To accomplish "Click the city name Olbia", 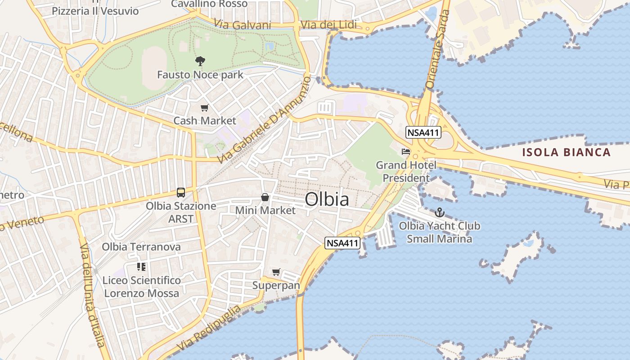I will pyautogui.click(x=327, y=199).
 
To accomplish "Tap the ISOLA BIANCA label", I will pyautogui.click(x=566, y=152).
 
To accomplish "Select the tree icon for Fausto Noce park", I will pyautogui.click(x=200, y=61).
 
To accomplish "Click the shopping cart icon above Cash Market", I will pyautogui.click(x=205, y=108).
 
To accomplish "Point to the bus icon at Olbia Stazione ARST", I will pyautogui.click(x=181, y=193).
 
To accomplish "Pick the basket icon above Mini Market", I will pyautogui.click(x=265, y=197).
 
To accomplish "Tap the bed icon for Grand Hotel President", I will pyautogui.click(x=406, y=152).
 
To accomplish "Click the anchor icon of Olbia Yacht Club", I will pyautogui.click(x=439, y=212).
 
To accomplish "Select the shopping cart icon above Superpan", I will pyautogui.click(x=276, y=272).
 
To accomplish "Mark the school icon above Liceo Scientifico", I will pyautogui.click(x=141, y=267).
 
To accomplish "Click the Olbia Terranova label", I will pyautogui.click(x=141, y=247).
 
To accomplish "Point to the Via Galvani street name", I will pyautogui.click(x=243, y=25).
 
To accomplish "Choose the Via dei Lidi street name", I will pyautogui.click(x=328, y=25).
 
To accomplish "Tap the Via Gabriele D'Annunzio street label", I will pyautogui.click(x=264, y=120).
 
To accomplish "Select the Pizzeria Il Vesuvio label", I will pyautogui.click(x=95, y=11).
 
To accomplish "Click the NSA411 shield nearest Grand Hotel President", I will pyautogui.click(x=423, y=132).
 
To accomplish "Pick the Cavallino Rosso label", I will pyautogui.click(x=209, y=4).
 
